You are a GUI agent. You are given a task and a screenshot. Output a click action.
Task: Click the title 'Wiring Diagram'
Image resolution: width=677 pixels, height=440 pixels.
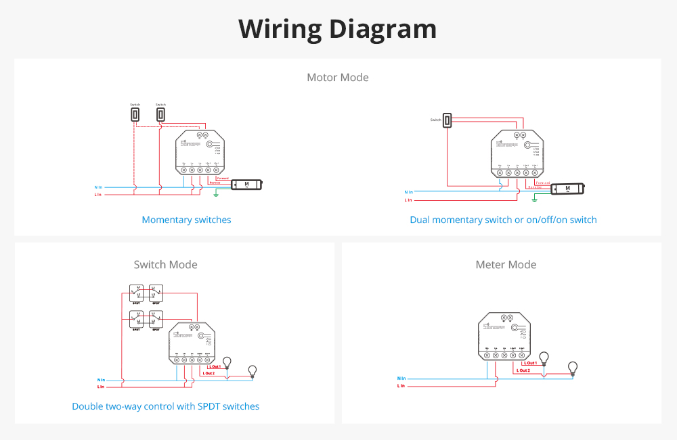(338, 29)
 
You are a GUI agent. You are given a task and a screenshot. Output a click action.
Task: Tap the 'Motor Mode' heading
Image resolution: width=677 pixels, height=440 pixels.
(338, 77)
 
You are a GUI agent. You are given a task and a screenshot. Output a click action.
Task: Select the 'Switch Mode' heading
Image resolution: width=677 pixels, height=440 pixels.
(166, 264)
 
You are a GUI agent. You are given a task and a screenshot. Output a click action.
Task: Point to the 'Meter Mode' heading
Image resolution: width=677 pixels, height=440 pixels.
(506, 264)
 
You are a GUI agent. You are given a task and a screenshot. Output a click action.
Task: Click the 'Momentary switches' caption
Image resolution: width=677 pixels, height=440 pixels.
(186, 220)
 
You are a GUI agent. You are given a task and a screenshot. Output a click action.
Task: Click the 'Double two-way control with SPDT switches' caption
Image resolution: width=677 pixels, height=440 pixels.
(166, 406)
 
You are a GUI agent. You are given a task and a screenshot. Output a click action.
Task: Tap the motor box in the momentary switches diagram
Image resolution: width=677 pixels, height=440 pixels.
(246, 184)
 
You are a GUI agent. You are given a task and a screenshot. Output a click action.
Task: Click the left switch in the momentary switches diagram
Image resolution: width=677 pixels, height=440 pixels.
(135, 115)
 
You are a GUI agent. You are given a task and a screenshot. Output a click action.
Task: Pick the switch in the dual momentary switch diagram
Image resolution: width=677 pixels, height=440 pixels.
(447, 120)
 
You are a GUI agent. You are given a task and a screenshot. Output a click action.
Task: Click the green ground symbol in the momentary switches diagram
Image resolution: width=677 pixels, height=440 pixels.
(216, 195)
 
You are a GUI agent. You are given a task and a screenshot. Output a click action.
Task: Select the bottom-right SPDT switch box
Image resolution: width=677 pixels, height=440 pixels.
(156, 319)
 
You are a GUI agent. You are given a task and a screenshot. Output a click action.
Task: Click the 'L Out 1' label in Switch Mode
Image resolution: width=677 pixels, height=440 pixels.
(211, 366)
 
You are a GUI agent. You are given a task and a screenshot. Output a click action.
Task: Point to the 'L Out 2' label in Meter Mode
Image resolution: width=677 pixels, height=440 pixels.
(523, 370)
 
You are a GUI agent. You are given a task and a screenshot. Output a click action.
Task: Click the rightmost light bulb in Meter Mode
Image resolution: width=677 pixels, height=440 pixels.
(573, 368)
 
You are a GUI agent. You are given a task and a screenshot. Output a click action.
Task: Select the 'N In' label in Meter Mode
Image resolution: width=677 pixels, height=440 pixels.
(401, 378)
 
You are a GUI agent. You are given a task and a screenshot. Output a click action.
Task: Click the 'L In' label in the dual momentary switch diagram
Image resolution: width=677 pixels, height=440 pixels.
(408, 200)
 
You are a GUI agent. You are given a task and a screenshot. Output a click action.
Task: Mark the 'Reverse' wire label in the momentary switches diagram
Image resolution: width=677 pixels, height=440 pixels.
(215, 182)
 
